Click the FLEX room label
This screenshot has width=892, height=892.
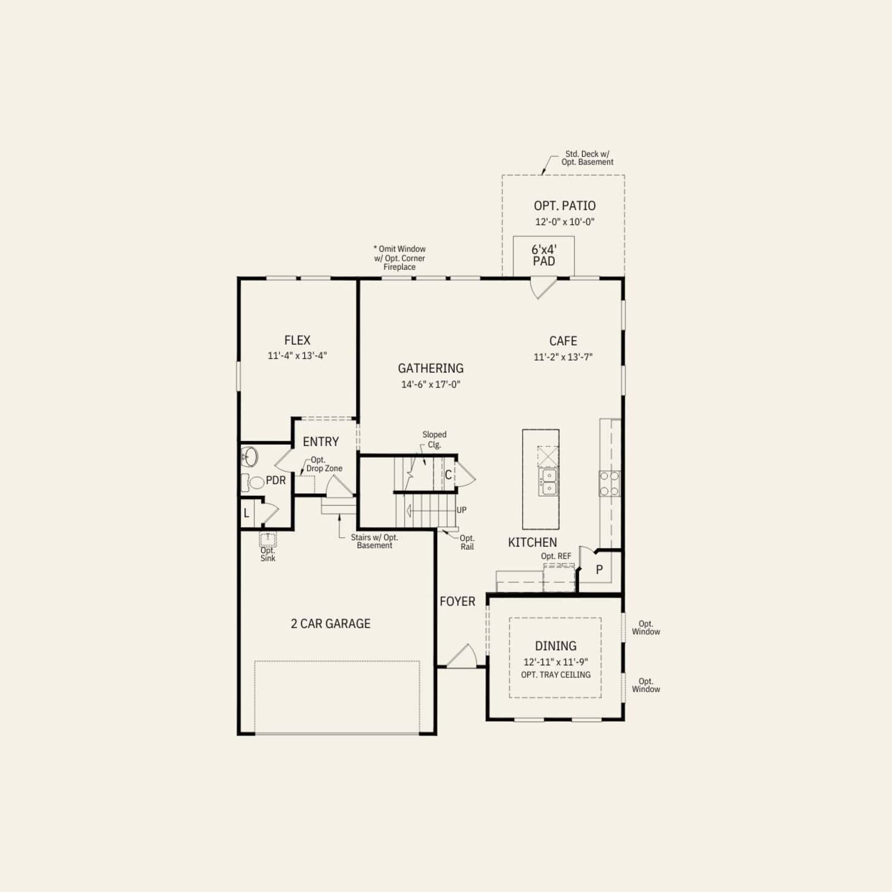297,340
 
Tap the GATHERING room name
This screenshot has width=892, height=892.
430,369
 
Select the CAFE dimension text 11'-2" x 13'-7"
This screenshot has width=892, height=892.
563,357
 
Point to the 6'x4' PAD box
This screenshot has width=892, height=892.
544,256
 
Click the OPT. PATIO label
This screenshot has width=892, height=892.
565,206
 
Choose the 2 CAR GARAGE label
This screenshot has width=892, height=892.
331,624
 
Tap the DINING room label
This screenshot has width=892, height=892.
556,646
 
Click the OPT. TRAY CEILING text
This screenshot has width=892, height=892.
556,675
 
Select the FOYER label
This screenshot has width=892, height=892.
458,602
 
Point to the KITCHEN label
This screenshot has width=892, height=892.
532,542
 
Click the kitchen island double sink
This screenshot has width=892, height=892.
547,482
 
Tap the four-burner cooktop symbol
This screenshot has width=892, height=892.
609,483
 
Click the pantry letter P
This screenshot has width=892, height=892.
599,570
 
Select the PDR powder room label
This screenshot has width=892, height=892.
276,481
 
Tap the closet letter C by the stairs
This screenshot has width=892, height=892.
448,476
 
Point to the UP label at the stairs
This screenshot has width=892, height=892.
462,510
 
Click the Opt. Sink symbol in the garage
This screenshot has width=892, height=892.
268,539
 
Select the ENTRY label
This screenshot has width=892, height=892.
321,442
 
